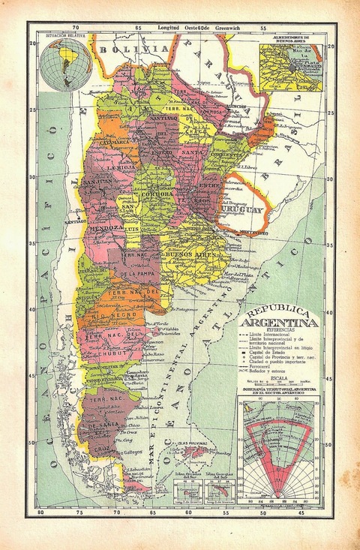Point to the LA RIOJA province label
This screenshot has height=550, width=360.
[x=118, y=168]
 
